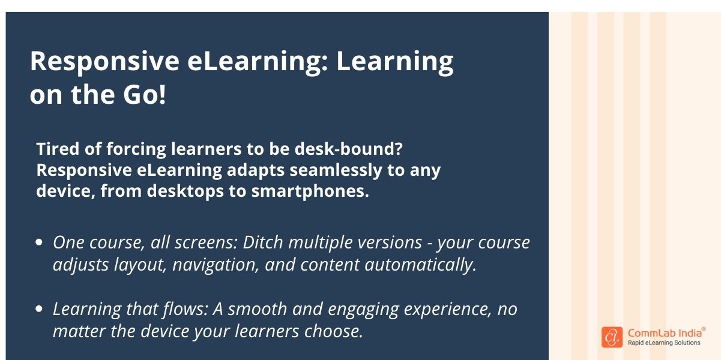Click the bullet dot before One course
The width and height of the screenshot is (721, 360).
(39, 243)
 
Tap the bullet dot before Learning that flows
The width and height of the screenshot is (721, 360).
(39, 310)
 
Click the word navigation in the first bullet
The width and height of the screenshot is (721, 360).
(216, 265)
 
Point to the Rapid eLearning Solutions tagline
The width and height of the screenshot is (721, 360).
(663, 343)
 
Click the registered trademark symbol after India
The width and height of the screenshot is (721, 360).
(704, 329)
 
